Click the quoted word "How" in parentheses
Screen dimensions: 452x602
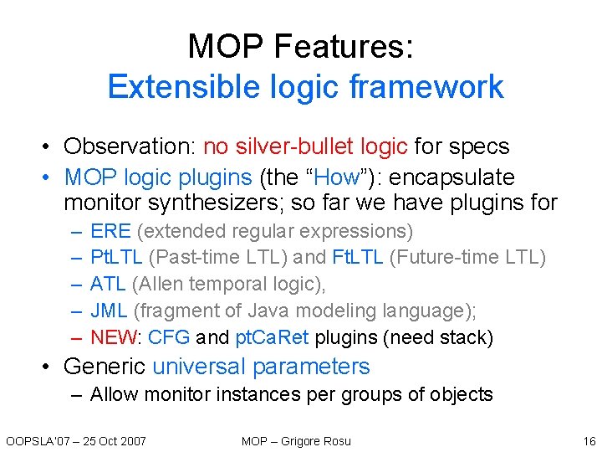pos(343,177)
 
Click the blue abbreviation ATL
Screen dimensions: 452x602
pos(108,284)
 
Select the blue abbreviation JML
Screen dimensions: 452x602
pos(109,311)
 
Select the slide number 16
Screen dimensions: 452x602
pos(588,441)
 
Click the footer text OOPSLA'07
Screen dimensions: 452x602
pos(34,441)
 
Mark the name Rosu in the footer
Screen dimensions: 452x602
pos(335,441)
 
